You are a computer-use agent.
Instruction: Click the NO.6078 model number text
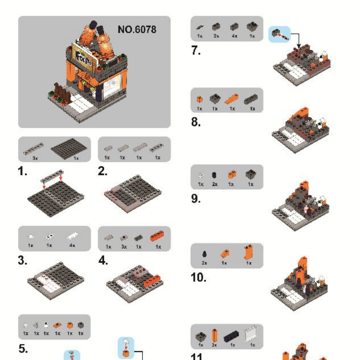[x=137, y=29]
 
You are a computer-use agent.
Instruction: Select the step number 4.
[x=103, y=261]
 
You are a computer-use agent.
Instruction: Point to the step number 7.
[x=196, y=51]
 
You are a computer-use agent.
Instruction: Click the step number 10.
[x=198, y=277]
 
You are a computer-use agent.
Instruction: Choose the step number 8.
[x=196, y=123]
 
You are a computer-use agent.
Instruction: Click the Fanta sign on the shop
[x=83, y=55]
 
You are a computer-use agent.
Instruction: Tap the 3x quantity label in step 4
[x=124, y=247]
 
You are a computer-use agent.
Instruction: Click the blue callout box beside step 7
[x=279, y=34]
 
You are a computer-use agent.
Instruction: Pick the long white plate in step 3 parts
[x=73, y=236]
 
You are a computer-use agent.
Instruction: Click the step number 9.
[x=196, y=199]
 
